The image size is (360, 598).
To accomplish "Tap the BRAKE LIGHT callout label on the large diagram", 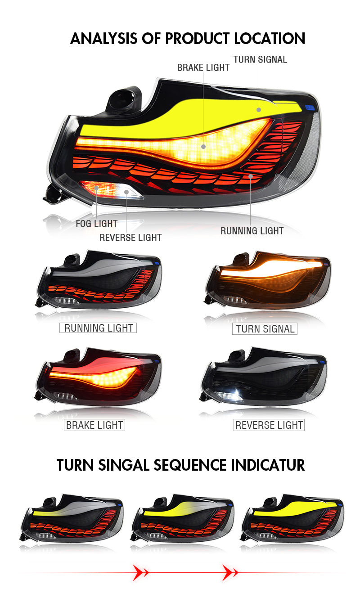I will [x=203, y=67].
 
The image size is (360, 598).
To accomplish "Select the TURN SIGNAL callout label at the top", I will [x=260, y=59].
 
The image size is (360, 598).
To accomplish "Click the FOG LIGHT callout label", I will [x=96, y=224].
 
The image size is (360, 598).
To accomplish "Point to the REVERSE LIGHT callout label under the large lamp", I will [x=130, y=238].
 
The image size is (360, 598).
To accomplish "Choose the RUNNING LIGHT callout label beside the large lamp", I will [x=252, y=231].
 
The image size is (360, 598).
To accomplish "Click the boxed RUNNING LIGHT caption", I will [x=98, y=328].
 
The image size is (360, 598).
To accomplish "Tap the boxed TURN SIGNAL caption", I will [x=265, y=329].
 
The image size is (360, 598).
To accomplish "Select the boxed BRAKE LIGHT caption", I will [x=94, y=425].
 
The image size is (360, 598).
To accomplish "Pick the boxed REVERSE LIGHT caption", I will [x=269, y=425].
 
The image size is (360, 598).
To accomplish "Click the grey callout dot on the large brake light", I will [x=203, y=146].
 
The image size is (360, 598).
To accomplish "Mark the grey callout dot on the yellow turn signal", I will [x=259, y=109].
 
